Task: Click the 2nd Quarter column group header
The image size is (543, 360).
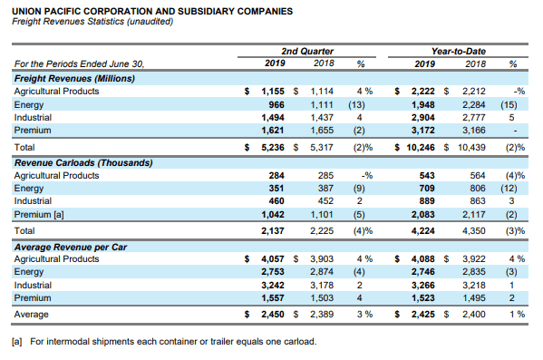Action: coord(307,52)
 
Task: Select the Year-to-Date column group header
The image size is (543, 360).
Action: coord(459,52)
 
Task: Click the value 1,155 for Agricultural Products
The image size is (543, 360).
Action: coord(273,91)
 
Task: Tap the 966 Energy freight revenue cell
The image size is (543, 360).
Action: coord(276,104)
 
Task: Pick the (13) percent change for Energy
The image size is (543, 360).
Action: coord(356,104)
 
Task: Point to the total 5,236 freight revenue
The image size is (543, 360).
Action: coord(273,147)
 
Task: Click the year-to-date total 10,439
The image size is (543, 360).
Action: coord(471,147)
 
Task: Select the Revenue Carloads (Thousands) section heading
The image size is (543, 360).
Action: coord(83,163)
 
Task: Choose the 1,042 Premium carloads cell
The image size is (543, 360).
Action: coord(273,215)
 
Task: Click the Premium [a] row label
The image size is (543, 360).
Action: coord(39,215)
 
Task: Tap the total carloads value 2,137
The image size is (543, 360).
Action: coord(273,230)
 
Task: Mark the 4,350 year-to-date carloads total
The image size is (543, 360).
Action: coord(474,230)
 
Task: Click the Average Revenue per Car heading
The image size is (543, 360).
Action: coord(71,247)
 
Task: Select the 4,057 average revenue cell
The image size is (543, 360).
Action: coord(273,258)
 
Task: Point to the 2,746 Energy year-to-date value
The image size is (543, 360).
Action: coord(422,272)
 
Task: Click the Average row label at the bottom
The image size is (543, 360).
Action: coord(31,315)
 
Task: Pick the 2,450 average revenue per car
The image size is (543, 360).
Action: coord(273,315)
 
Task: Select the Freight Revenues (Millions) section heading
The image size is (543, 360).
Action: coord(74,78)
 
